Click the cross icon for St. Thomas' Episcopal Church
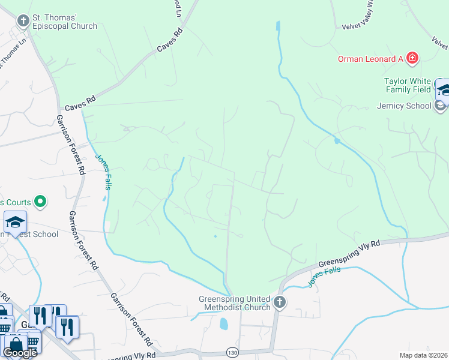click(23, 22)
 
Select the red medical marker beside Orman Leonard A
click(412, 58)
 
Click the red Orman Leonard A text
click(370, 59)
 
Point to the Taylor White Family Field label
click(408, 85)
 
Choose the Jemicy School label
click(404, 106)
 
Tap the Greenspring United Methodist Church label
click(235, 303)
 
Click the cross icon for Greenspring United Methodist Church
click(279, 303)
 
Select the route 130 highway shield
click(232, 351)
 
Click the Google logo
click(19, 352)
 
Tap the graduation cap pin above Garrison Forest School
click(15, 221)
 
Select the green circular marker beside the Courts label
click(40, 201)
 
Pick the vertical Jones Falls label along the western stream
click(103, 174)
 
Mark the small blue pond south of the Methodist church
click(224, 325)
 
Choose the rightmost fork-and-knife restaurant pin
click(66, 328)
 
